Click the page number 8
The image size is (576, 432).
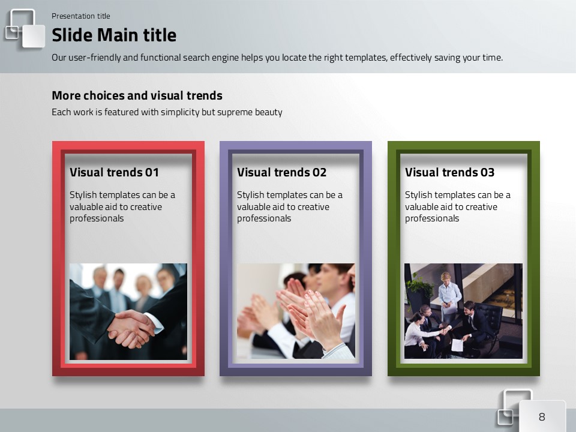[x=542, y=416]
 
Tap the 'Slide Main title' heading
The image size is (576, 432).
[x=114, y=35]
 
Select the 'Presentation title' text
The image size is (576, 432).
[x=81, y=16]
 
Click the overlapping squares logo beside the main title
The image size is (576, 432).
[x=25, y=29]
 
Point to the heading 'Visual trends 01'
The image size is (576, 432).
[x=114, y=172]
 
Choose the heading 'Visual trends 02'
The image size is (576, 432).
[x=282, y=172]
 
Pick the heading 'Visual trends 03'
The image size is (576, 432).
[x=449, y=172]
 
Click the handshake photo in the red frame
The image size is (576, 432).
[x=128, y=311]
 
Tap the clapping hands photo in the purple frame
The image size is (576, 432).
[x=296, y=311]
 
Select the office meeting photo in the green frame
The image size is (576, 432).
[x=463, y=311]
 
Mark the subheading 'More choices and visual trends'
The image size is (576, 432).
[x=137, y=95]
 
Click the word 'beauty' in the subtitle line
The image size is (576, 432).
[x=269, y=112]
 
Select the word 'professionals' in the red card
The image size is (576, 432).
[x=97, y=218]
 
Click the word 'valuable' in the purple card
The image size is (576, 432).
[x=252, y=207]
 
